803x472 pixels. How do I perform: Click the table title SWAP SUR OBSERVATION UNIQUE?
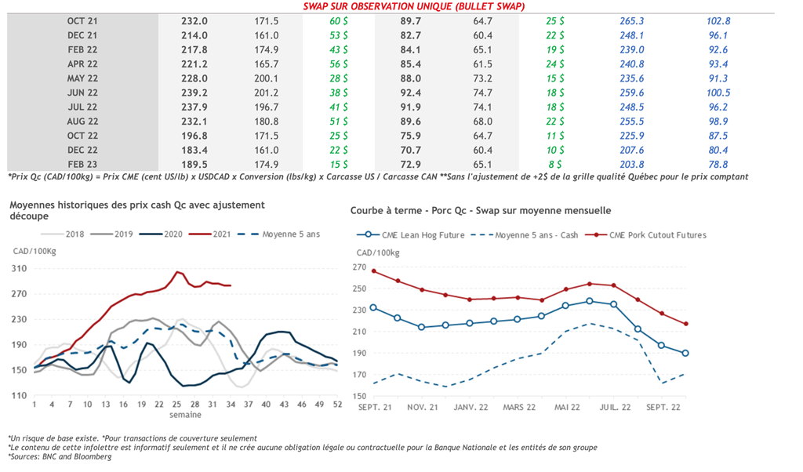pyautogui.click(x=413, y=6)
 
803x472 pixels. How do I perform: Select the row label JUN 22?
pyautogui.click(x=82, y=93)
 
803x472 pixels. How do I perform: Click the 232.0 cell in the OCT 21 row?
pyautogui.click(x=194, y=22)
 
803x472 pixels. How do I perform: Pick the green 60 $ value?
pyautogui.click(x=339, y=22)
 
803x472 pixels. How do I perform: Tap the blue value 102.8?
pyautogui.click(x=718, y=22)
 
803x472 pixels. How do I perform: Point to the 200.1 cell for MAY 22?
pyautogui.click(x=267, y=78)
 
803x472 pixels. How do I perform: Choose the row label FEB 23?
pyautogui.click(x=82, y=164)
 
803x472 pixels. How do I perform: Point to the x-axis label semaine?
pyautogui.click(x=186, y=415)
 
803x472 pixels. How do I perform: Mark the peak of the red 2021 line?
pyautogui.click(x=179, y=271)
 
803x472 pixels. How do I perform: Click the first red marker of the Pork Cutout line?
pyautogui.click(x=373, y=271)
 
